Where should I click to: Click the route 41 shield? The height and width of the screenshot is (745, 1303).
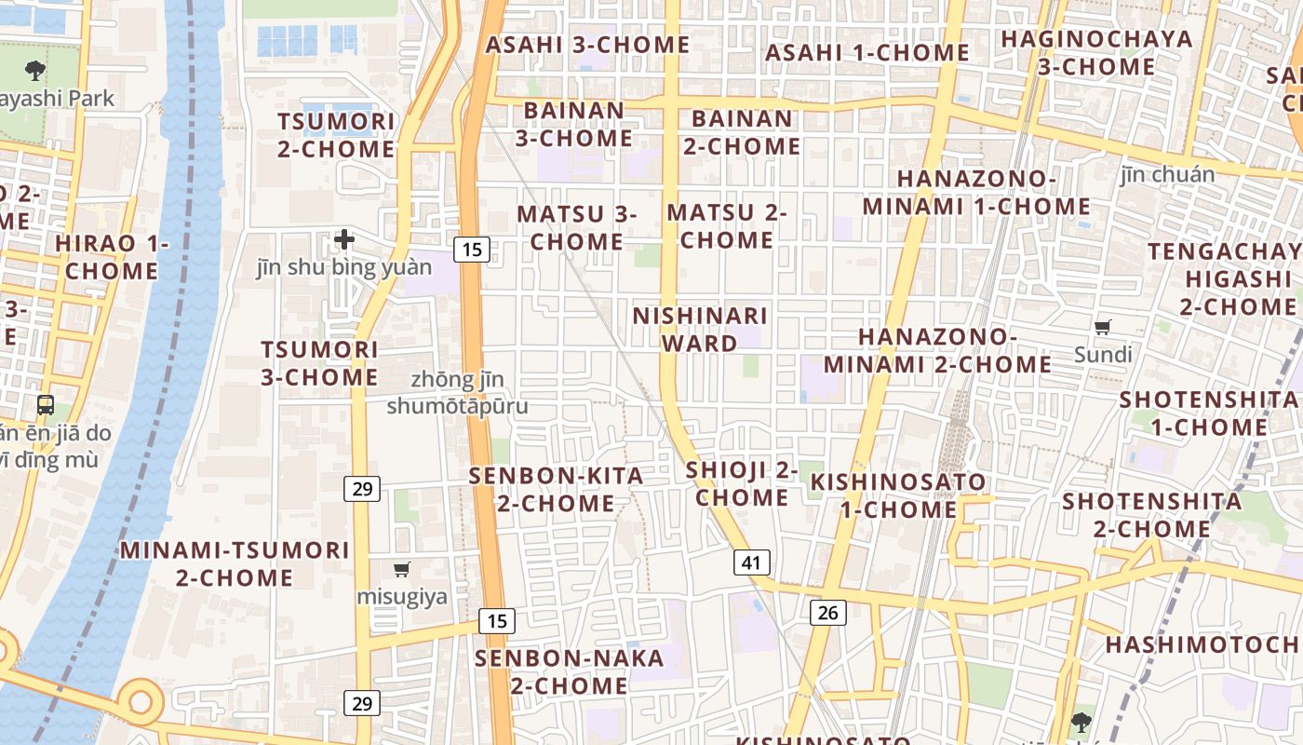coord(752,562)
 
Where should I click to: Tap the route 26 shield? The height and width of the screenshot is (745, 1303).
coord(828,612)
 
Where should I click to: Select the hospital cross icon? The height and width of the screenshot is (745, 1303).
coord(344,239)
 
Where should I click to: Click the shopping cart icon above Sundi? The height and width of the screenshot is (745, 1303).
coord(1103,327)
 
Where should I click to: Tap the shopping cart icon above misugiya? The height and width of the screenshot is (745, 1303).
coord(402,569)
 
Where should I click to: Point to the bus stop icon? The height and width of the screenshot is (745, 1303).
coord(45,405)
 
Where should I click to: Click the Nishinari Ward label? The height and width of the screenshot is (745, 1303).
coord(699,329)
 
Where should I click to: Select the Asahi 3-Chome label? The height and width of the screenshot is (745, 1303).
coord(587,44)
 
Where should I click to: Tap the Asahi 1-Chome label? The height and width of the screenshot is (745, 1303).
coord(867,52)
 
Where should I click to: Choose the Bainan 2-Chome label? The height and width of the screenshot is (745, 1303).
coord(742,132)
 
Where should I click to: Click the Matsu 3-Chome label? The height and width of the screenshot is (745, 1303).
coord(576,227)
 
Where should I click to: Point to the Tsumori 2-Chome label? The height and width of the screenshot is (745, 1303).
coord(336,135)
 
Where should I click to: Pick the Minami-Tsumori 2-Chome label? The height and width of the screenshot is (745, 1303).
coord(235,562)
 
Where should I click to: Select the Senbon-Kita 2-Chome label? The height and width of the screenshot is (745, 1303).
coord(556,489)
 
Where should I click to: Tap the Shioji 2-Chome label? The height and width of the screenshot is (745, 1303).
coord(742,483)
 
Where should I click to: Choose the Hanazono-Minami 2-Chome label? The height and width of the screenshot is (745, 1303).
coord(937,349)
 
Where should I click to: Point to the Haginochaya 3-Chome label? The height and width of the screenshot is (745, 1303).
coord(1096,52)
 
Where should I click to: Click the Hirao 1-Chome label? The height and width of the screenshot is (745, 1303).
coord(112,257)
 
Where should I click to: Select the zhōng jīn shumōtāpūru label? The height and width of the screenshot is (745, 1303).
coord(457,393)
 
